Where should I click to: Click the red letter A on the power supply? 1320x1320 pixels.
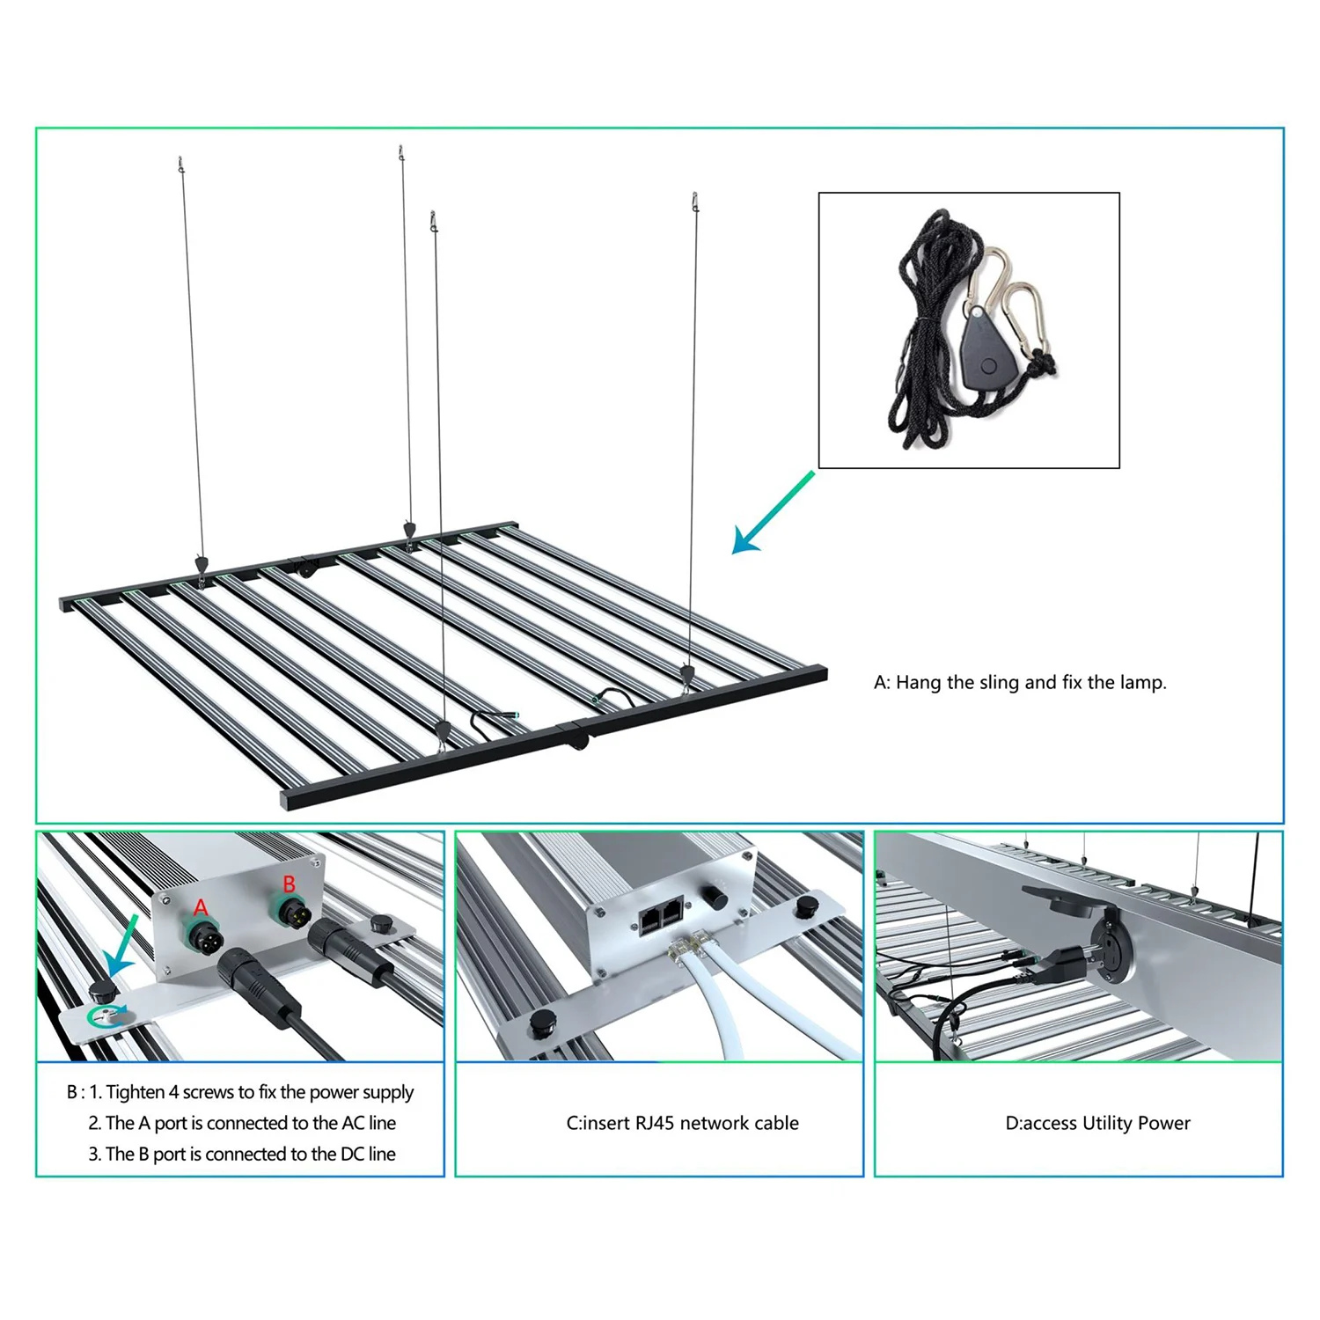coord(201,907)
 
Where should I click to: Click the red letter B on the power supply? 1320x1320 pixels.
coord(289,884)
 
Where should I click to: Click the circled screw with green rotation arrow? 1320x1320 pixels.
coord(106,1016)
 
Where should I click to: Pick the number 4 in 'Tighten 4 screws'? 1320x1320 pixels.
coord(173,1092)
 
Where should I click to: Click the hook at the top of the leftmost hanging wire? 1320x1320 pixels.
coord(181,164)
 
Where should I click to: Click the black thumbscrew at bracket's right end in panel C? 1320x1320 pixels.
coord(805,906)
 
